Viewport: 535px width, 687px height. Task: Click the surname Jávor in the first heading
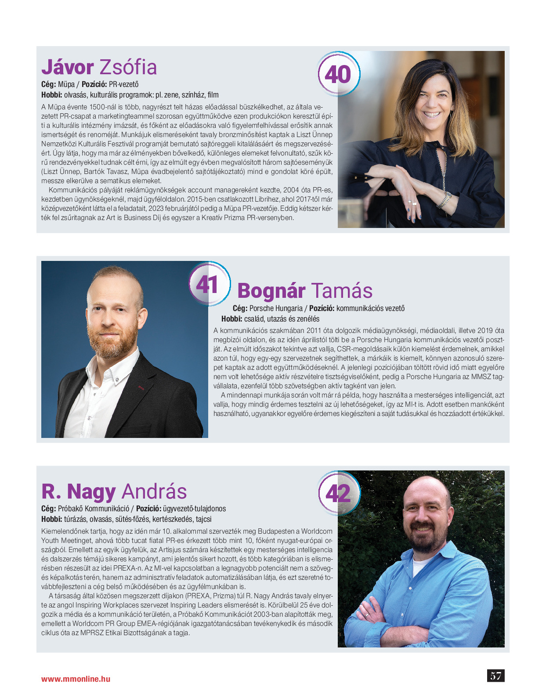(67, 67)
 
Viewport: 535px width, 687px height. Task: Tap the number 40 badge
(338, 74)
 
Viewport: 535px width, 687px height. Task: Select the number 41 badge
(208, 284)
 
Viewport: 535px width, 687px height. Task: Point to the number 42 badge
(338, 493)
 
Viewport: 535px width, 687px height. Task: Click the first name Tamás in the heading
(342, 291)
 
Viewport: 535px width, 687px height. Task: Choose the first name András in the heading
(154, 492)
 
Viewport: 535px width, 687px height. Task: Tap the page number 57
(495, 676)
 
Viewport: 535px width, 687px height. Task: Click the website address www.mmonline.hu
(76, 679)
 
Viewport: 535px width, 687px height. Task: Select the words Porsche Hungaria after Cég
(276, 308)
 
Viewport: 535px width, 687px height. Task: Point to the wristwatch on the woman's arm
(446, 200)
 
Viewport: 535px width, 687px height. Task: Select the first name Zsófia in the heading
(128, 67)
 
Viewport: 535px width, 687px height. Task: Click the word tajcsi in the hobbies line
(203, 519)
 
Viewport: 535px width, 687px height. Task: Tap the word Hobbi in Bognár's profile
(231, 319)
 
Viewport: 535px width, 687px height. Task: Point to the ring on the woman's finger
(414, 202)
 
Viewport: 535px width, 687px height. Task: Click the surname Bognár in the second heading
(271, 291)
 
